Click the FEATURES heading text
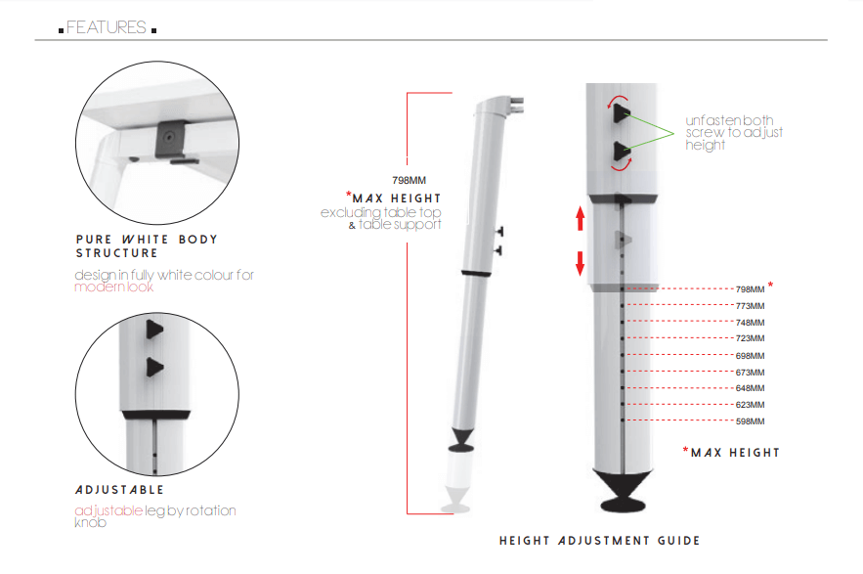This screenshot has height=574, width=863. pos(107,27)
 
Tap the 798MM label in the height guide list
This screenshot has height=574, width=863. pos(750,289)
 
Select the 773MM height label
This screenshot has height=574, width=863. pos(750,306)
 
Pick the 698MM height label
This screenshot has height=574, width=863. pos(750,355)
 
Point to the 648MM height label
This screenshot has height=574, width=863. pos(750,388)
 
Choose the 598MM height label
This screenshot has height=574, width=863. pos(750,421)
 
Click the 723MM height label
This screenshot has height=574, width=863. pos(750,338)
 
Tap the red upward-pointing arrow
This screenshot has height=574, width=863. pos(580,218)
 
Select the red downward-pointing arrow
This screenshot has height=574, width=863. pos(580,263)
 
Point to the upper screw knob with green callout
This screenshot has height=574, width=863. pos(621,114)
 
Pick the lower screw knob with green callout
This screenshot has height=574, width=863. pos(621,151)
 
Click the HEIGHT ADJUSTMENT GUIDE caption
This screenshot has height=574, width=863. pos(599,541)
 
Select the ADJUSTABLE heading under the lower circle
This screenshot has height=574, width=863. pos(119,489)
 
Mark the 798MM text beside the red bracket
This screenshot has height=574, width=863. pos(409,180)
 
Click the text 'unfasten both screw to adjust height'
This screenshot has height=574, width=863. pos(734,132)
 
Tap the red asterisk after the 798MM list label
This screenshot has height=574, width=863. pos(771,286)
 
